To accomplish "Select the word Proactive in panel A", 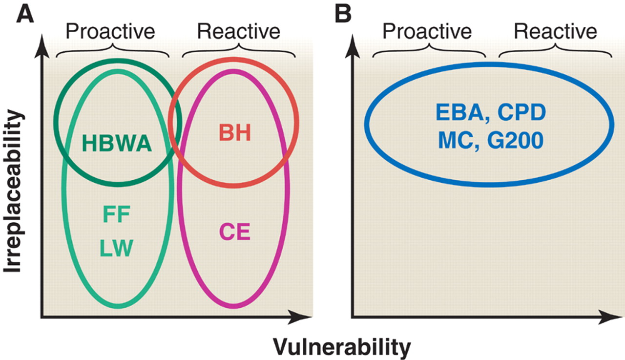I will [110, 31].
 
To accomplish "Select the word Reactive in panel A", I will [238, 31].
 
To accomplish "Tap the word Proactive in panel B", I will [427, 31].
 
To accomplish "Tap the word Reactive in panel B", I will [555, 31].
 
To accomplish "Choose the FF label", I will [116, 215].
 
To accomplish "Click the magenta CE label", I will [234, 232].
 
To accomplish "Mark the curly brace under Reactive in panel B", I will [555, 51].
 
